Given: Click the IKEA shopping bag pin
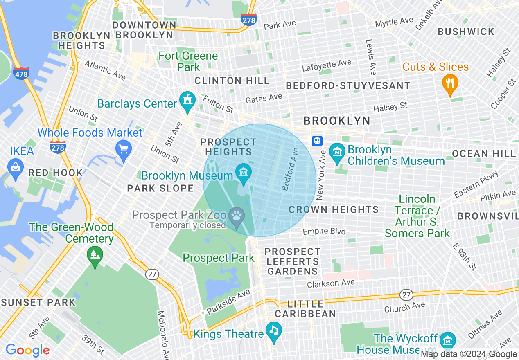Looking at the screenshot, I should pyautogui.click(x=16, y=168).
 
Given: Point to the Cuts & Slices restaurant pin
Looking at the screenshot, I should pyautogui.click(x=450, y=84).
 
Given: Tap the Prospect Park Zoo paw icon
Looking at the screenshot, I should pyautogui.click(x=237, y=215).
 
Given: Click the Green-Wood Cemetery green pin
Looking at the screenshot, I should pyautogui.click(x=95, y=256).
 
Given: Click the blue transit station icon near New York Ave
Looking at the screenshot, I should pyautogui.click(x=317, y=141).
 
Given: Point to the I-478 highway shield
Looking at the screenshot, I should pyautogui.click(x=21, y=74).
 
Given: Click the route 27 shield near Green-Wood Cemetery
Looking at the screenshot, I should pyautogui.click(x=153, y=274).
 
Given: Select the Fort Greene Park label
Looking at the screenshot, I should pyautogui.click(x=188, y=61).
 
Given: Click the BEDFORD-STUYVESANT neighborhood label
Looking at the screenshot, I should pyautogui.click(x=348, y=85).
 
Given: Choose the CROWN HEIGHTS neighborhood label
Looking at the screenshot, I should pyautogui.click(x=334, y=209).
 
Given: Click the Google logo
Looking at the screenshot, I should pyautogui.click(x=27, y=350).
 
